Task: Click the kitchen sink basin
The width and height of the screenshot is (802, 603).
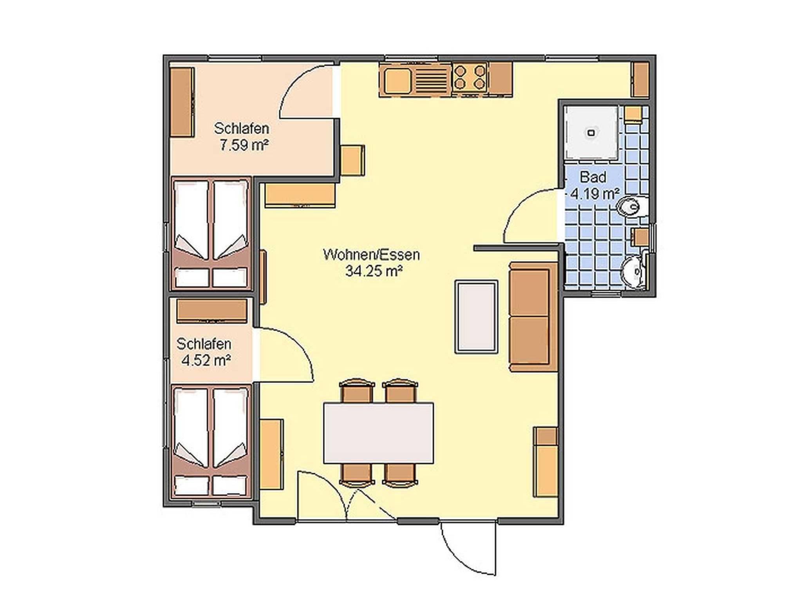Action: point(397,81)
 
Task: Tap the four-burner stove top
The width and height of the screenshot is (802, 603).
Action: point(469,77)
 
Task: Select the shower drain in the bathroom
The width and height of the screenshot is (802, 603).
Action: point(591,133)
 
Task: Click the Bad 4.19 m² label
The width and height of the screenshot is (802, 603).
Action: point(594,185)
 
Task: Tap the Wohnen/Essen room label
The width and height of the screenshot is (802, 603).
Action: point(372,255)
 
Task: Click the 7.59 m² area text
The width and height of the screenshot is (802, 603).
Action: point(244,145)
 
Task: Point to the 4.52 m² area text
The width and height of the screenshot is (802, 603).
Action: point(206,360)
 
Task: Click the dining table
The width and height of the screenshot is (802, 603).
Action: point(378,432)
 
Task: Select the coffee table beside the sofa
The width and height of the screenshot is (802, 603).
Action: point(476,317)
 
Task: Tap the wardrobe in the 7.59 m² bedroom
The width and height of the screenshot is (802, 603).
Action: point(182,102)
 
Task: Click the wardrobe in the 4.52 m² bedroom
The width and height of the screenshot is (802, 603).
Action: point(212,311)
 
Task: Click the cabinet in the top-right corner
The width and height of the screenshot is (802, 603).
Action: point(641,80)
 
